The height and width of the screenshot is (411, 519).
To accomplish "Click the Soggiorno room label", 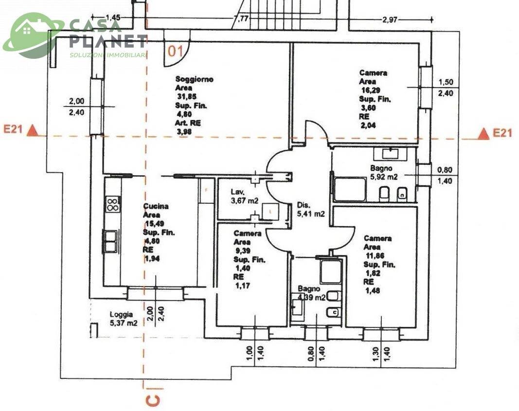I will tap(194, 79).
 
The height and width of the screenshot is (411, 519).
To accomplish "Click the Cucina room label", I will tap(156, 206).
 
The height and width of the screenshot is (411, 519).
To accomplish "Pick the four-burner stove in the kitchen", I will tap(113, 204).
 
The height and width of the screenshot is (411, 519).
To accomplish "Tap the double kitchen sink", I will tap(110, 241).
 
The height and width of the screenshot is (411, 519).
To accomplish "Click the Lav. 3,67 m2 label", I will tap(244, 196).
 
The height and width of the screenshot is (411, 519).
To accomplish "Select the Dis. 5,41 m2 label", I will tap(311, 209).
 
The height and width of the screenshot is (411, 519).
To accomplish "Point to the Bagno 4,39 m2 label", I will tap(311, 293).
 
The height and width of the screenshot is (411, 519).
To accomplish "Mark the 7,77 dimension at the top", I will tap(241, 19).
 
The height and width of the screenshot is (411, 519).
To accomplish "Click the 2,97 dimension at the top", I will tap(390, 20).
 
